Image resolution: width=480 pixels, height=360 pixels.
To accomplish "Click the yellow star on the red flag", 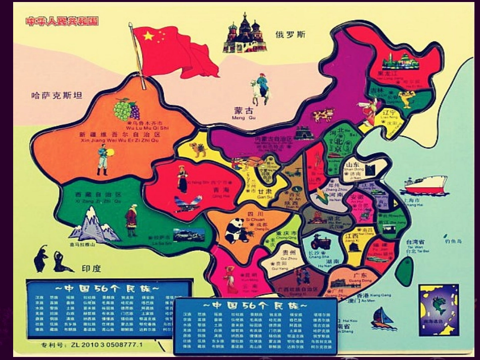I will click(x=148, y=36).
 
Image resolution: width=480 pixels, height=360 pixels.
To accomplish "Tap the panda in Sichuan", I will click(x=234, y=231).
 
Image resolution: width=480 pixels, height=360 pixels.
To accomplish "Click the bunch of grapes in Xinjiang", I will click(x=126, y=109).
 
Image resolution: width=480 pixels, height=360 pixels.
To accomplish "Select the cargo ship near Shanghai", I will click(x=425, y=185).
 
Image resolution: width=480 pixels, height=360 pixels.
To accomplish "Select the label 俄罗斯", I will click(x=291, y=34).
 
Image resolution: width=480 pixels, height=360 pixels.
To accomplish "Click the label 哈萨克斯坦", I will click(x=57, y=95).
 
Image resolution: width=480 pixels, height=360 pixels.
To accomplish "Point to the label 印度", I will click(x=91, y=268).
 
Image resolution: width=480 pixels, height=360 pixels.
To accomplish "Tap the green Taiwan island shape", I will click(x=404, y=271).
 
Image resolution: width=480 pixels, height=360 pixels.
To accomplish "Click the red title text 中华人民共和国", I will click(x=62, y=21).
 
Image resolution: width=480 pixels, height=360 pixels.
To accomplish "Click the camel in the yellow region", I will click(x=198, y=149).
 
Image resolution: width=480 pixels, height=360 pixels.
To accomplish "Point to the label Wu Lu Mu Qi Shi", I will click(x=147, y=128).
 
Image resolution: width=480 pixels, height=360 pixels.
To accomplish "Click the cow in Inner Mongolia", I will click(x=323, y=116).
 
